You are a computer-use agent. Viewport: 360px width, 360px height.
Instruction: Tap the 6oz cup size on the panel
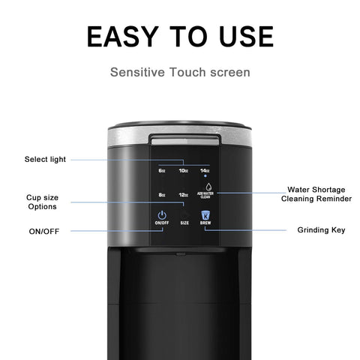(162, 170)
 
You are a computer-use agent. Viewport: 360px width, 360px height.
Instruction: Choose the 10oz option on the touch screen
(183, 170)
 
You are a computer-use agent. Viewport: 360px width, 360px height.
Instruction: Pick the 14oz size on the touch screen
(204, 170)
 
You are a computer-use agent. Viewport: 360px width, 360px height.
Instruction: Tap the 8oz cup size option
(162, 195)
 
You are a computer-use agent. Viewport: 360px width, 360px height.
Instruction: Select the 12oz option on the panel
(183, 195)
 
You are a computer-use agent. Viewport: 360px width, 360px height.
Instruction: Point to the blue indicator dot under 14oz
(205, 177)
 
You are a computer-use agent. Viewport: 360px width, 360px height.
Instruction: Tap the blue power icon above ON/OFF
(161, 216)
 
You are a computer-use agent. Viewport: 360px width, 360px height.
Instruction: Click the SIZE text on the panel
(184, 223)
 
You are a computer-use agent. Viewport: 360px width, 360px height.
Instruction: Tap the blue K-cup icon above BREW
(205, 215)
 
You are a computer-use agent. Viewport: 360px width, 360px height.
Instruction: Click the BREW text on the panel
(205, 224)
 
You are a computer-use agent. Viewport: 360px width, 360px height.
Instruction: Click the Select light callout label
(45, 159)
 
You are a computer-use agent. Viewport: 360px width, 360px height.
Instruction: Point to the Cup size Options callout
(42, 202)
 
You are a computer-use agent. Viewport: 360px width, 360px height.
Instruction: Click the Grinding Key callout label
(321, 229)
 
